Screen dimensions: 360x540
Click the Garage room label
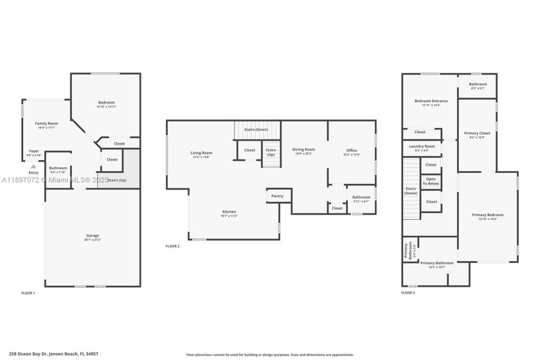[93, 236]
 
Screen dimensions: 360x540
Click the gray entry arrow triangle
[33, 166]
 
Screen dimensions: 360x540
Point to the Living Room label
[201, 153]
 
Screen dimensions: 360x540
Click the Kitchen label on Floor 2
[229, 212]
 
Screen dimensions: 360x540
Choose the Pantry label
[277, 196]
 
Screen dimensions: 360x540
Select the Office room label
[352, 151]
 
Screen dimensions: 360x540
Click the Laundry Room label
[422, 147]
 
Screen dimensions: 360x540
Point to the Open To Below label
[431, 181]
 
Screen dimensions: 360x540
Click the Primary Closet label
[477, 134]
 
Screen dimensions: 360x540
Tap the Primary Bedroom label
[487, 215]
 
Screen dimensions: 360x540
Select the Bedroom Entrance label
[431, 101]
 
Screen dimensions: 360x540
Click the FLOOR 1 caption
[28, 293]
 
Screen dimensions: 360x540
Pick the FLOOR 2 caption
[172, 246]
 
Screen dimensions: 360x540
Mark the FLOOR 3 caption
[408, 292]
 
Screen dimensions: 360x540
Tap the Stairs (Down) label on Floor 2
[256, 130]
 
